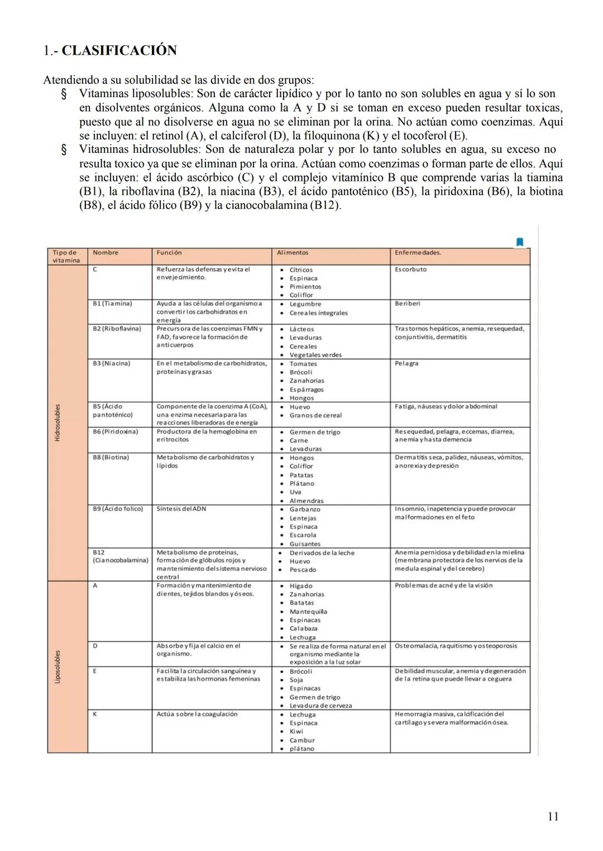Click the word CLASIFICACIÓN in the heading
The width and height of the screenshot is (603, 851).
119,51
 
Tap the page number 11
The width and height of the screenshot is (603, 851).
553,816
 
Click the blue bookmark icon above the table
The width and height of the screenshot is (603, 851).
520,242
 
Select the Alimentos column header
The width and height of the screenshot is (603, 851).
293,253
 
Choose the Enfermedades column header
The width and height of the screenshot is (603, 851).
418,253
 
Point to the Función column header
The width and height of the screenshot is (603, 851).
169,253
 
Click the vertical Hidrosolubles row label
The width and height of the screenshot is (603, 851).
58,422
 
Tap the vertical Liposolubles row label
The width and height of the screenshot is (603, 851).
58,666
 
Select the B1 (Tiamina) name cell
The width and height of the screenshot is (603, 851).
112,304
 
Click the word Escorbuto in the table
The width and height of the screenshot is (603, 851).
410,270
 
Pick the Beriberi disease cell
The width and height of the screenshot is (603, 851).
407,304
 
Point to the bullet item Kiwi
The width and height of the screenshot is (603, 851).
296,732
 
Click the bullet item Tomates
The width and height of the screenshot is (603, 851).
303,364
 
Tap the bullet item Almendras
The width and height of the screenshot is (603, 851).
306,501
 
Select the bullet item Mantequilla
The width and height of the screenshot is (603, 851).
308,612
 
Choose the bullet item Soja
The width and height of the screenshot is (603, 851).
296,680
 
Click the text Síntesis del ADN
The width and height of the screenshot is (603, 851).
181,509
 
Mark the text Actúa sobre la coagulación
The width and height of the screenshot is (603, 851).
197,714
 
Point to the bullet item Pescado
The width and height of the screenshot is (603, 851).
303,570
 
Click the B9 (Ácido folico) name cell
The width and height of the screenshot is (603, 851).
118,509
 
